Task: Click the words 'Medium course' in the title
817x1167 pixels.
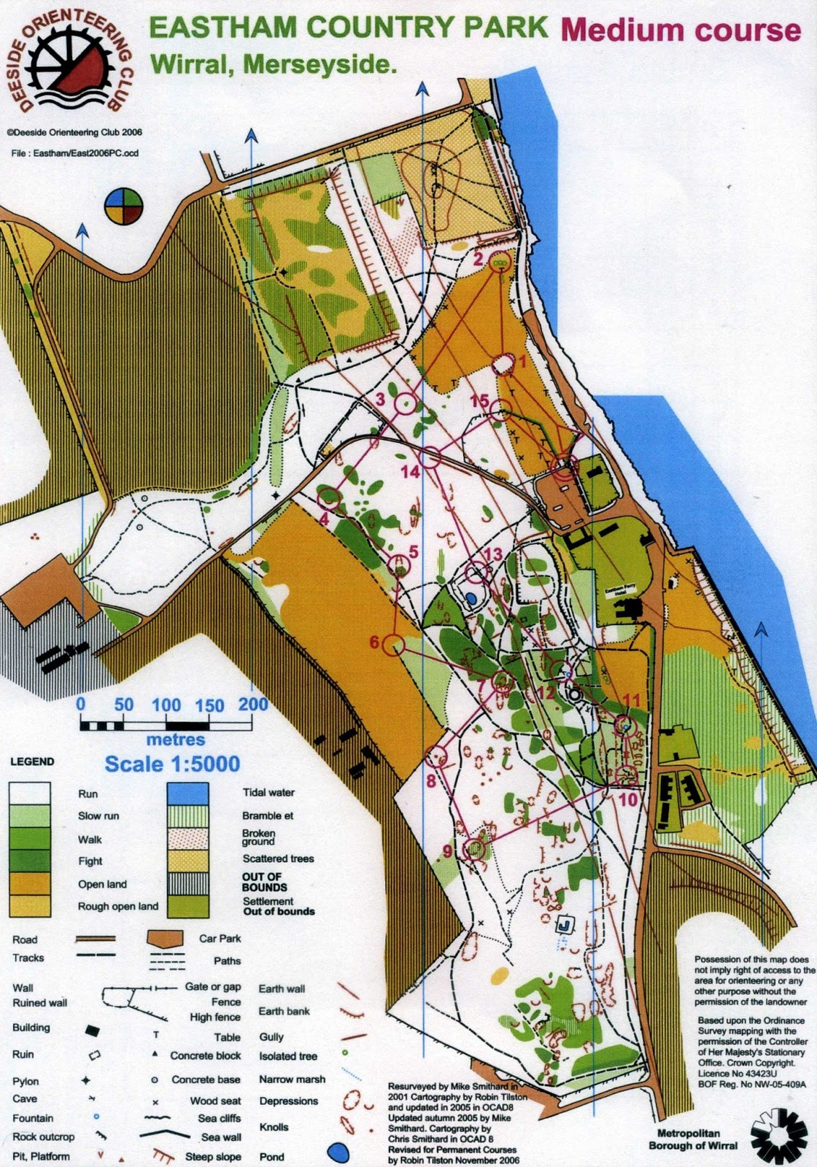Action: pos(681,30)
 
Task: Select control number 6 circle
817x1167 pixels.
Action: pos(394,645)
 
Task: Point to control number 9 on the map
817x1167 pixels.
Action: pos(475,848)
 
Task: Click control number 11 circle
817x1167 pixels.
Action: pos(624,725)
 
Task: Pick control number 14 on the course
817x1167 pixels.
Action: pos(430,457)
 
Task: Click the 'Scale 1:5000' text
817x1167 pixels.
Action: pos(172,764)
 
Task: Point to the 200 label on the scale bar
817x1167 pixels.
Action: pos(253,705)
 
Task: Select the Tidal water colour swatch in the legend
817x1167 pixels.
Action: pos(187,794)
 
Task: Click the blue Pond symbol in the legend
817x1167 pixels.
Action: pos(336,1152)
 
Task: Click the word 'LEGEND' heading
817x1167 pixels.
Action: pos(32,761)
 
